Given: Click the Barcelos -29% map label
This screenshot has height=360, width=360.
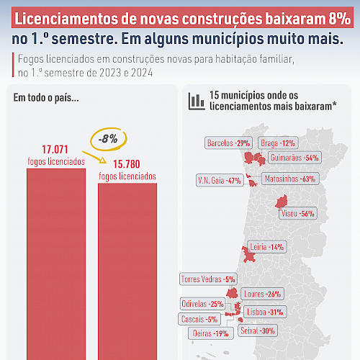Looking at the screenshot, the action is tap(228, 143).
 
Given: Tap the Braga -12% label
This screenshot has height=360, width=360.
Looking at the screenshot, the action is tap(278, 143).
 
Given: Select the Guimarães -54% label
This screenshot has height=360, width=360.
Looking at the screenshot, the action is tap(294, 158).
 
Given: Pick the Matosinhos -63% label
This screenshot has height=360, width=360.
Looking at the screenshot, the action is tap(290, 179).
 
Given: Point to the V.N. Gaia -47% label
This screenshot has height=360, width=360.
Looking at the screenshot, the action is tap(220, 181).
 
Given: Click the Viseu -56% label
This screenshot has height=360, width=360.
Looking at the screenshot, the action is tap(298, 213).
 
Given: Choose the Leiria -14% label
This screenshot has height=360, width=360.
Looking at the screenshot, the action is tap(267, 247).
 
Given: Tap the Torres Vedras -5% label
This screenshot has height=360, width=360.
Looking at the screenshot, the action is tap(208, 279).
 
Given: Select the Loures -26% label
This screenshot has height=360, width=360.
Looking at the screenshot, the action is tap(263, 294).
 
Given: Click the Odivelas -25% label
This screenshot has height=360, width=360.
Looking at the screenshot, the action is tap(203, 304).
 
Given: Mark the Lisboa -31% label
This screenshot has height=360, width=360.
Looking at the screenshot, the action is tap(265, 312).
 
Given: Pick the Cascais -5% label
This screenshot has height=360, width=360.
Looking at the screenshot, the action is tap(199, 319).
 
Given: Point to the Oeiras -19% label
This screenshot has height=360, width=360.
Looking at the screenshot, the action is tap(211, 333).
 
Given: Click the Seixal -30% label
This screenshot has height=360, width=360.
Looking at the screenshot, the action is tap(258, 330).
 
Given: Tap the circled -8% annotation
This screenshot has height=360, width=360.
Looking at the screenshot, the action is tap(108, 139).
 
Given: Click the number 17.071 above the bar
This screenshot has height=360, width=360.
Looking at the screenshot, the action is tap(55, 150).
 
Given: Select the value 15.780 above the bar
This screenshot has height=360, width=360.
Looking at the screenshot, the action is tap(127, 164).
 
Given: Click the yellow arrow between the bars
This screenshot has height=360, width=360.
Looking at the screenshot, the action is tap(94, 158).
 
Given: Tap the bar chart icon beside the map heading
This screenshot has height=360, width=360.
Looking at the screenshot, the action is tap(197, 102).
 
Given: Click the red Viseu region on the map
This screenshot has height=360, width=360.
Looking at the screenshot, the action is tap(282, 202).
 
